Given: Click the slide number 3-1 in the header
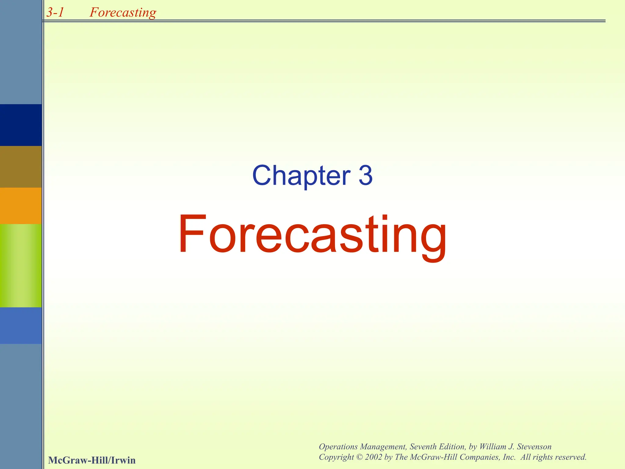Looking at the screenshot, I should [55, 12].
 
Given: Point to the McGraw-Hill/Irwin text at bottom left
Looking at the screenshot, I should [92, 460].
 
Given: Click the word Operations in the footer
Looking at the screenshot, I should [338, 447].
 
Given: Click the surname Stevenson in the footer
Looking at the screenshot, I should [534, 447].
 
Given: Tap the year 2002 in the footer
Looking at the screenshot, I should [374, 457].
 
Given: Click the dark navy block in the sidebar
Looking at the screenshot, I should [21, 125].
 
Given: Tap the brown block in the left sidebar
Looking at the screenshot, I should [21, 167].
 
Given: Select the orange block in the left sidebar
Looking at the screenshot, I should [21, 205].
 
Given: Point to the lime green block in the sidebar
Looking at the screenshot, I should [21, 265].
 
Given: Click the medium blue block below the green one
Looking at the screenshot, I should [21, 325].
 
